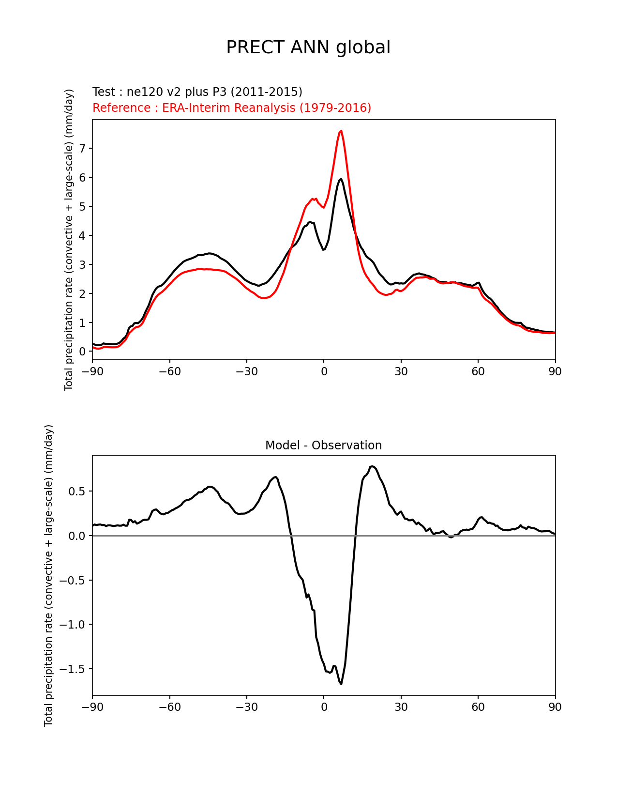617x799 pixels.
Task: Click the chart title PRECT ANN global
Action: point(308,47)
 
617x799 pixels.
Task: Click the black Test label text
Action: point(197,92)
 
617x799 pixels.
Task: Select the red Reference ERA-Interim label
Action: point(232,108)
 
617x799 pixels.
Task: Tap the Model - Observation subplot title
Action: point(323,445)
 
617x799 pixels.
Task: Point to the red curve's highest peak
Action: point(341,131)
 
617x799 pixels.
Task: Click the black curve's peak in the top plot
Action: point(341,179)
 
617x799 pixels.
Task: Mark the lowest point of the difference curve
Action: point(341,684)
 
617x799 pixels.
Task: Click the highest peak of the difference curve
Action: point(372,466)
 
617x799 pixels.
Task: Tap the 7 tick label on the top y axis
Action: point(82,149)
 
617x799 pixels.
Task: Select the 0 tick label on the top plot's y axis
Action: point(82,352)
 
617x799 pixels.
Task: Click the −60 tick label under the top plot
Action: point(169,371)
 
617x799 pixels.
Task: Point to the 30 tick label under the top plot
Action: point(401,371)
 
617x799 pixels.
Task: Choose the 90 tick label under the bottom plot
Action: point(555,707)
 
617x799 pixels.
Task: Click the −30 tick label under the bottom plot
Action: point(246,707)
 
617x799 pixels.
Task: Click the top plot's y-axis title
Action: point(69,240)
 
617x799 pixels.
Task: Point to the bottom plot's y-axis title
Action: point(48,575)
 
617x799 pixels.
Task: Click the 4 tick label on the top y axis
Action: point(82,236)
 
